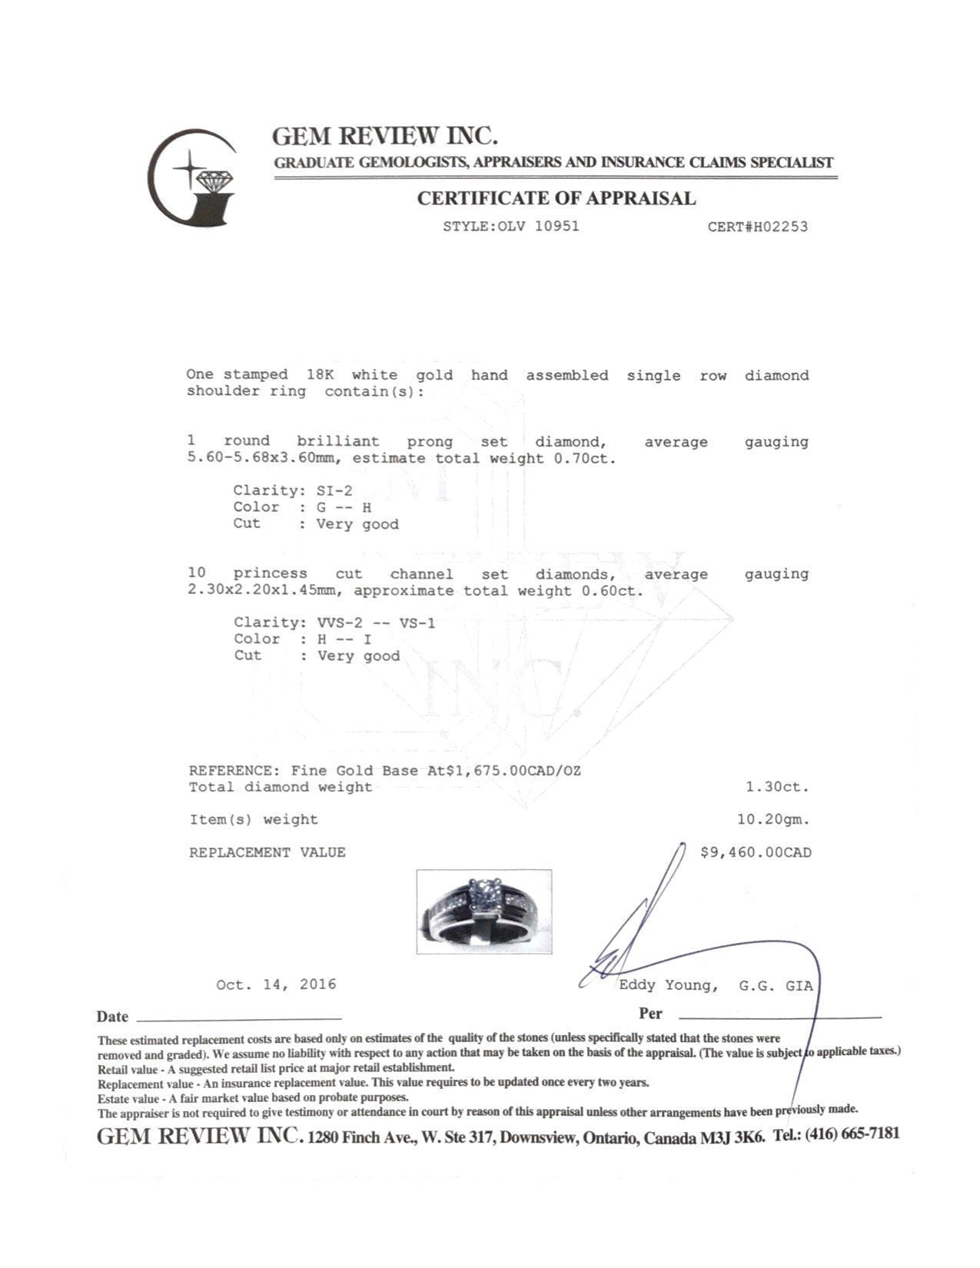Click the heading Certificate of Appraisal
point(556,198)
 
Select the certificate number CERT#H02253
point(757,227)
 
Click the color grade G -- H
point(344,507)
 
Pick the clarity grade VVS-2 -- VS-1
point(376,622)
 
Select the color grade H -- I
point(345,639)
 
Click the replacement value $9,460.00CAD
point(756,852)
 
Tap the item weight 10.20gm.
point(773,819)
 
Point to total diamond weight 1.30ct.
point(777,787)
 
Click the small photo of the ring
point(483,911)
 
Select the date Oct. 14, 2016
point(276,984)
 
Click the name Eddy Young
point(668,985)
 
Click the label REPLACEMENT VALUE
point(267,852)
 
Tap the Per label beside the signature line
point(649,1014)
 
